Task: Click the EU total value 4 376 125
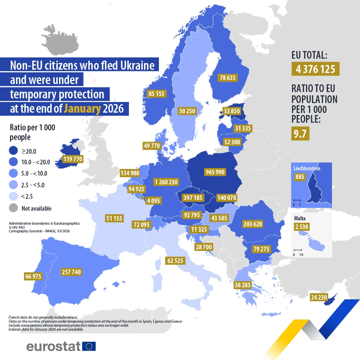(315, 69)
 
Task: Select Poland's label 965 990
(215, 172)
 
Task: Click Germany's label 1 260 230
(166, 182)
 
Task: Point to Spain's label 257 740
(71, 272)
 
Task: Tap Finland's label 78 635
(227, 78)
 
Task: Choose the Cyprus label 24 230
(319, 297)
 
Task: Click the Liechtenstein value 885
(300, 177)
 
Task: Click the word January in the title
(82, 109)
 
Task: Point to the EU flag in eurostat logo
(89, 346)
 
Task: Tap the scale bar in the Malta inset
(298, 250)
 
